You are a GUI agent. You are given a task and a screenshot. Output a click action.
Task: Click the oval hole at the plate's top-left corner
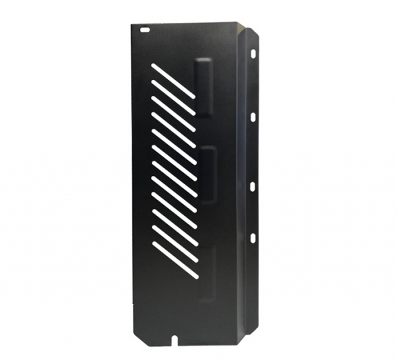(144, 30)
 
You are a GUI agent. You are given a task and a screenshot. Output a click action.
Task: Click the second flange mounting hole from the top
(254, 117)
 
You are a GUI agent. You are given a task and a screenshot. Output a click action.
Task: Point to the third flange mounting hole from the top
(253, 184)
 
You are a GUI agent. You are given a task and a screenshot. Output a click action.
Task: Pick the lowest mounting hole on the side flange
(252, 237)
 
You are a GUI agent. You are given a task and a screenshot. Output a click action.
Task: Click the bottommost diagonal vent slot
(174, 265)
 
